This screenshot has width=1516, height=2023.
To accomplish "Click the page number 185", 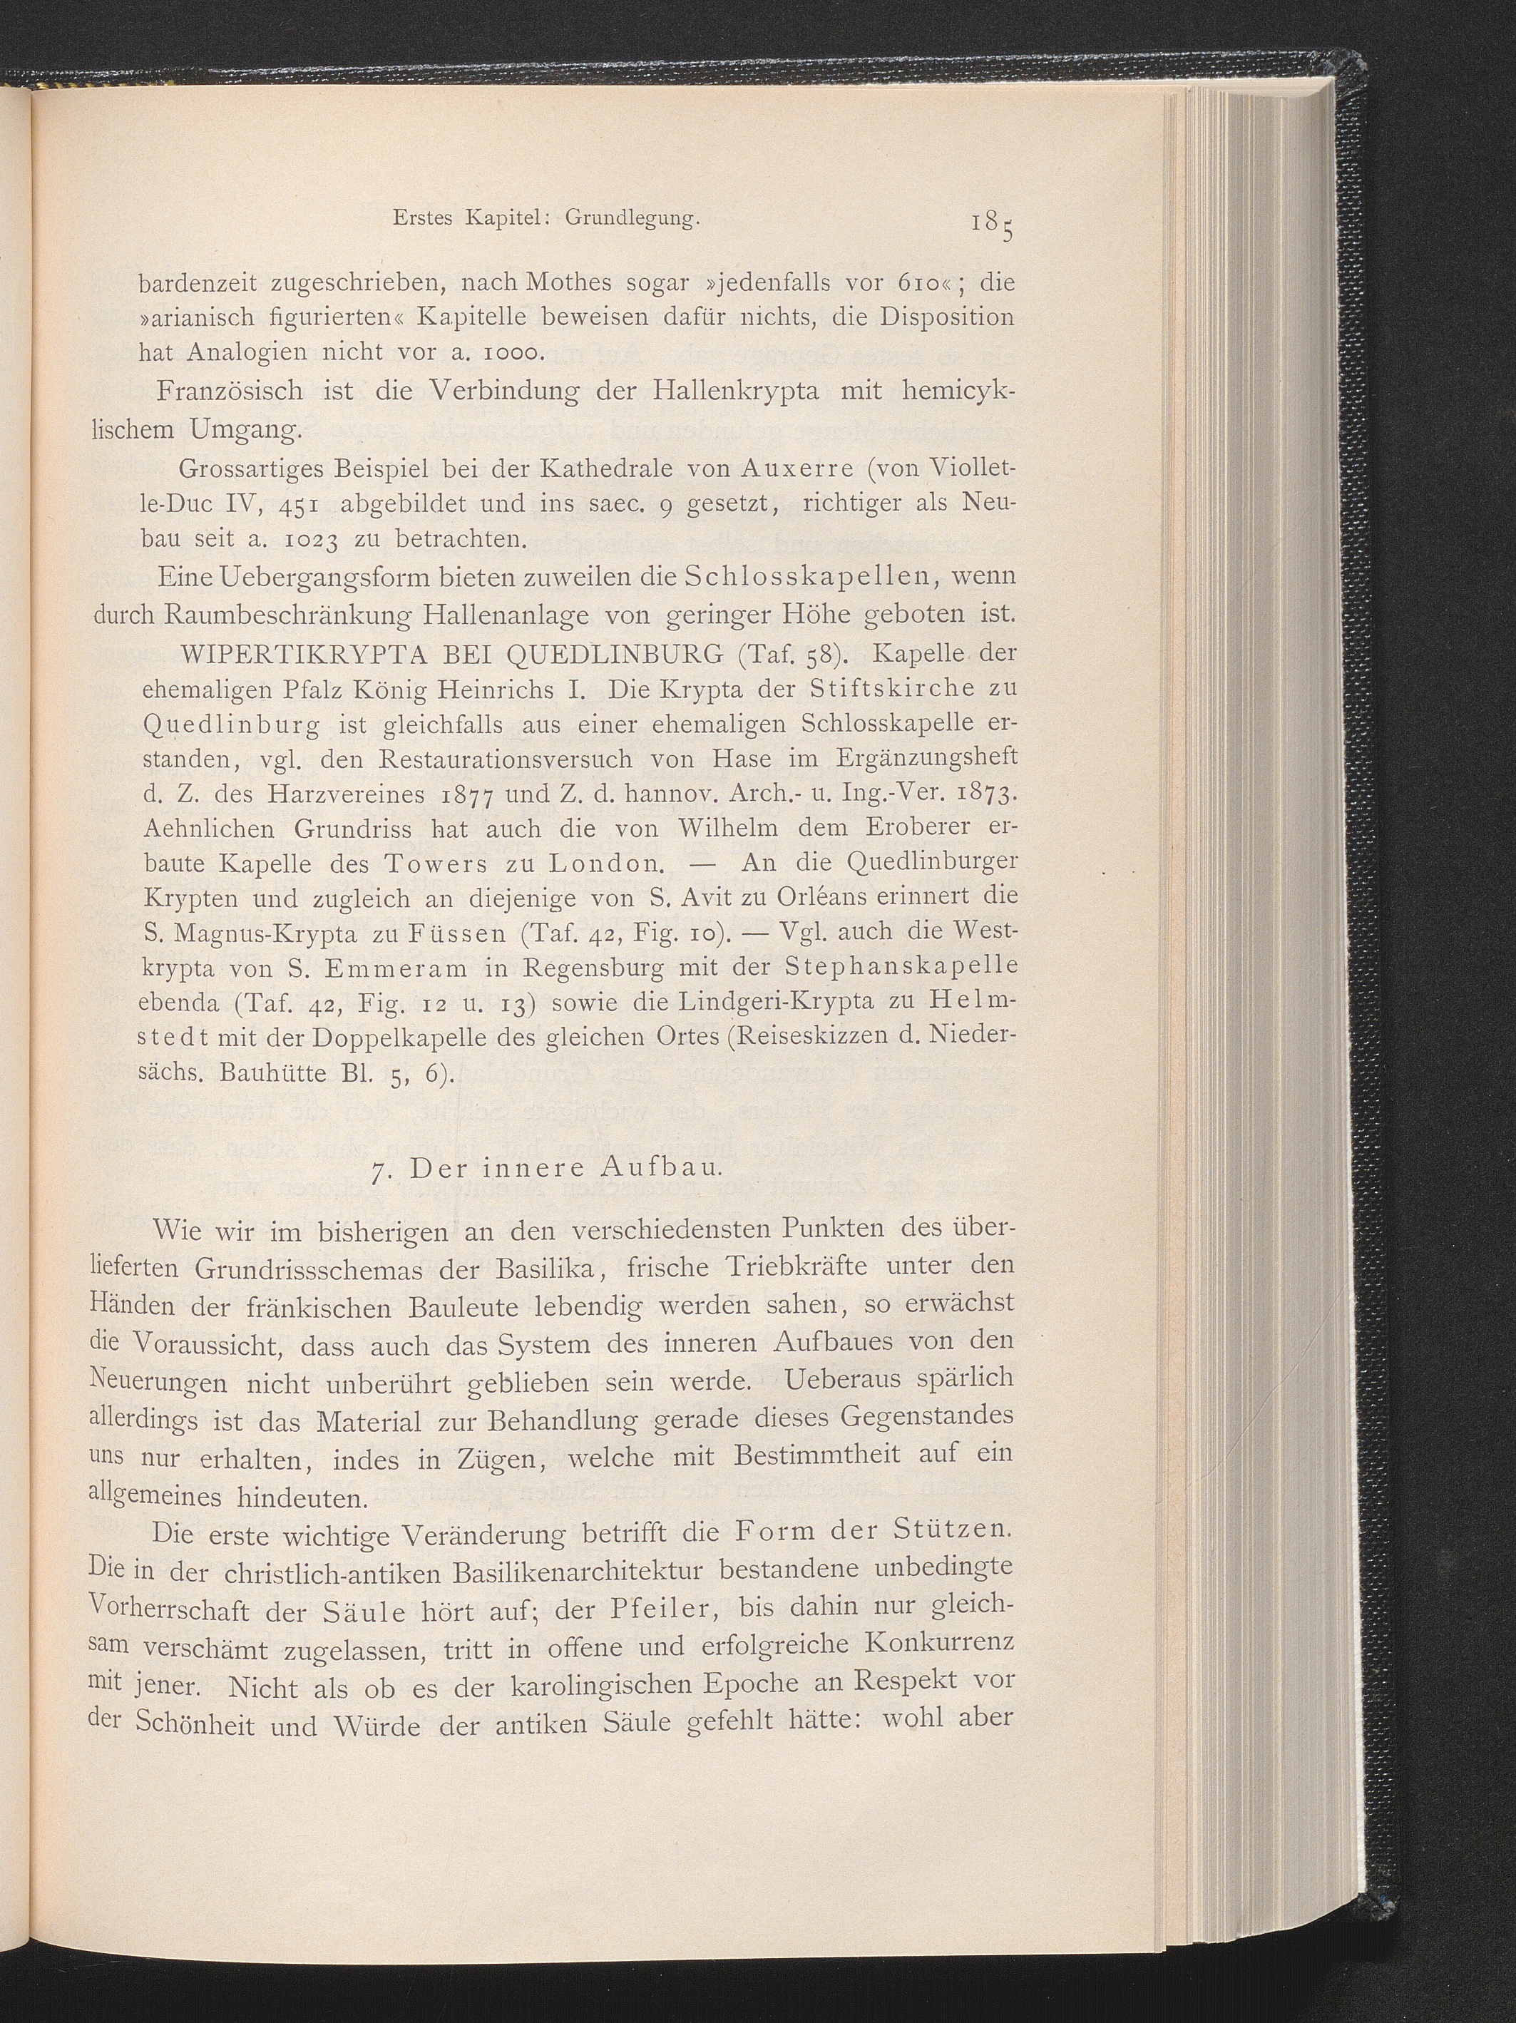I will point(992,225).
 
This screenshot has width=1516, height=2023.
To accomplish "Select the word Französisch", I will point(230,391).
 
